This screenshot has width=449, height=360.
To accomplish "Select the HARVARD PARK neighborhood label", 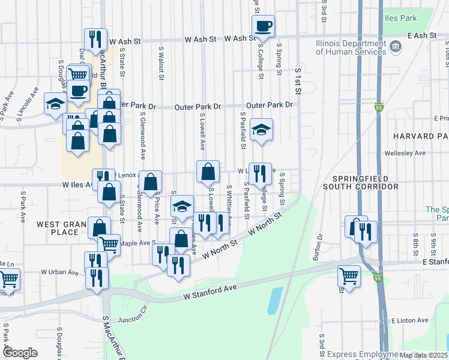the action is point(421,136).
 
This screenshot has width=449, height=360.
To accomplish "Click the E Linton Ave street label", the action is point(411,322).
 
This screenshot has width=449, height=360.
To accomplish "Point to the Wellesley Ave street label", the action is point(406,153).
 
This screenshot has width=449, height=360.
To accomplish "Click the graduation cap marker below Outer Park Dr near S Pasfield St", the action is point(261,130).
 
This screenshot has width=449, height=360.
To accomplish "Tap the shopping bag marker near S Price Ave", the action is point(150,181).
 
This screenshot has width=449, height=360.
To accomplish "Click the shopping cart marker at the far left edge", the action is point(8,280).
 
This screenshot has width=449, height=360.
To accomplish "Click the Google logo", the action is point(20,353).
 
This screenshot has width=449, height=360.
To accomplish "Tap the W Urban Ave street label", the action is point(60,272).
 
